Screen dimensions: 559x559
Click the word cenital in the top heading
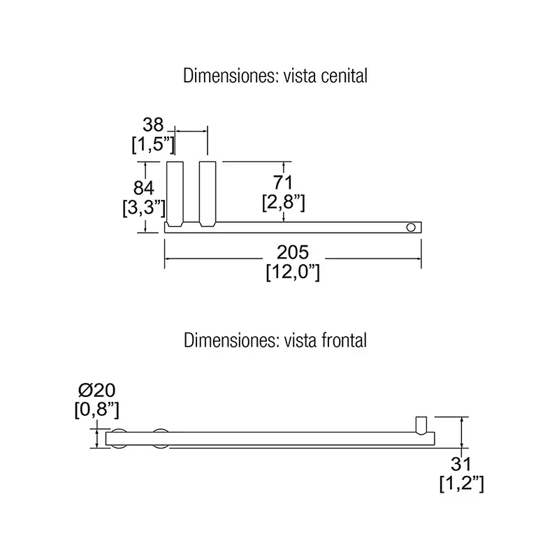pyautogui.click(x=344, y=76)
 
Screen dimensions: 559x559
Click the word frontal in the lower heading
pyautogui.click(x=344, y=340)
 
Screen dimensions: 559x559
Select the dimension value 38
pyautogui.click(x=153, y=125)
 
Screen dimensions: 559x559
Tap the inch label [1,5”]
pyautogui.click(x=153, y=145)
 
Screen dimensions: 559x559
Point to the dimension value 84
pyautogui.click(x=143, y=188)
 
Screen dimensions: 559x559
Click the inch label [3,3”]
pyautogui.click(x=144, y=208)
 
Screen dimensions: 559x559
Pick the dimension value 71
pyautogui.click(x=283, y=182)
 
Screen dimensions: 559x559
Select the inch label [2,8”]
pyautogui.click(x=284, y=203)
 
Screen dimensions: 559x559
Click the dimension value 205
pyautogui.click(x=293, y=252)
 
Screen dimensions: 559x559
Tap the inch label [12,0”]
pyautogui.click(x=293, y=273)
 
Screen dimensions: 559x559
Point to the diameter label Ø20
pyautogui.click(x=97, y=391)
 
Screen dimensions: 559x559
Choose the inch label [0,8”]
pyautogui.click(x=96, y=410)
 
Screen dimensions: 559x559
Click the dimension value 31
pyautogui.click(x=461, y=464)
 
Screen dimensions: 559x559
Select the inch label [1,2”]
pyautogui.click(x=462, y=484)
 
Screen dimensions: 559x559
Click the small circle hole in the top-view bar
pyautogui.click(x=411, y=228)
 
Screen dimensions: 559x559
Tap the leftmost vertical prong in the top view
pyautogui.click(x=175, y=194)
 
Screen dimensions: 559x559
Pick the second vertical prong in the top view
pyautogui.click(x=208, y=194)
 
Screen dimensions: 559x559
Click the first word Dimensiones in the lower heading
pyautogui.click(x=231, y=340)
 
